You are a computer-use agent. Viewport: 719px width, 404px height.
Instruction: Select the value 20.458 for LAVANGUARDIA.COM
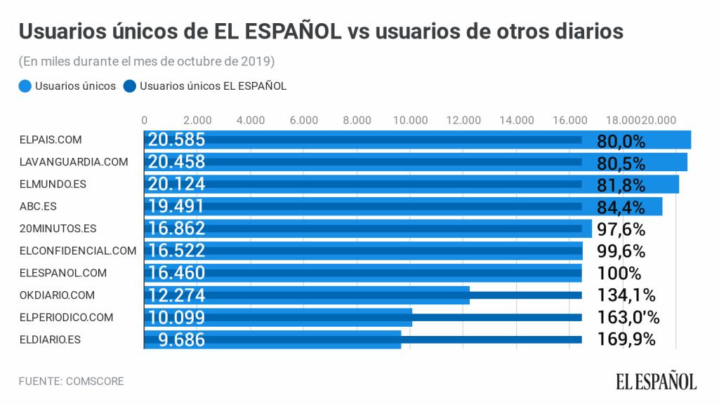click(176, 162)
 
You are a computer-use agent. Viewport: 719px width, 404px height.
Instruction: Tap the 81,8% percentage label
click(621, 185)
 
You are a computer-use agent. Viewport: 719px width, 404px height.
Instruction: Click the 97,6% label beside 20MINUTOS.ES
click(621, 229)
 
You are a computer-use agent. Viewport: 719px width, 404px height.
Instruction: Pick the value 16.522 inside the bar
click(176, 251)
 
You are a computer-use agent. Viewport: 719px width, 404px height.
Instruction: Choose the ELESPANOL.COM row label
click(62, 273)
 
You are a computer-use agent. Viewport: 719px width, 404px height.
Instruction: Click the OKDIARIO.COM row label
click(57, 295)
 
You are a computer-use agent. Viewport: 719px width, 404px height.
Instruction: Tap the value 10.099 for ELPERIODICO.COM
click(176, 317)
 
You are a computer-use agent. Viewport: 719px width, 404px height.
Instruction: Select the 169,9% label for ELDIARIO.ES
click(626, 339)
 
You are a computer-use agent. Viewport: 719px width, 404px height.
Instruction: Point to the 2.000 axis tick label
click(197, 119)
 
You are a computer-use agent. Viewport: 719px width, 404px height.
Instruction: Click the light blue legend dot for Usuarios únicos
click(25, 86)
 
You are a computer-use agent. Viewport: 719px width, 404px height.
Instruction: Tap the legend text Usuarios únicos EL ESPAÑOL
click(213, 86)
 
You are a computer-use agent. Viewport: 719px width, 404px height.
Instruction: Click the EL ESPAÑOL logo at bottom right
click(657, 381)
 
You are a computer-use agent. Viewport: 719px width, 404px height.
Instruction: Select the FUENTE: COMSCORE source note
click(72, 382)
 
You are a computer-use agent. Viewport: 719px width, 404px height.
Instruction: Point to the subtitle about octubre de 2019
click(147, 61)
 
